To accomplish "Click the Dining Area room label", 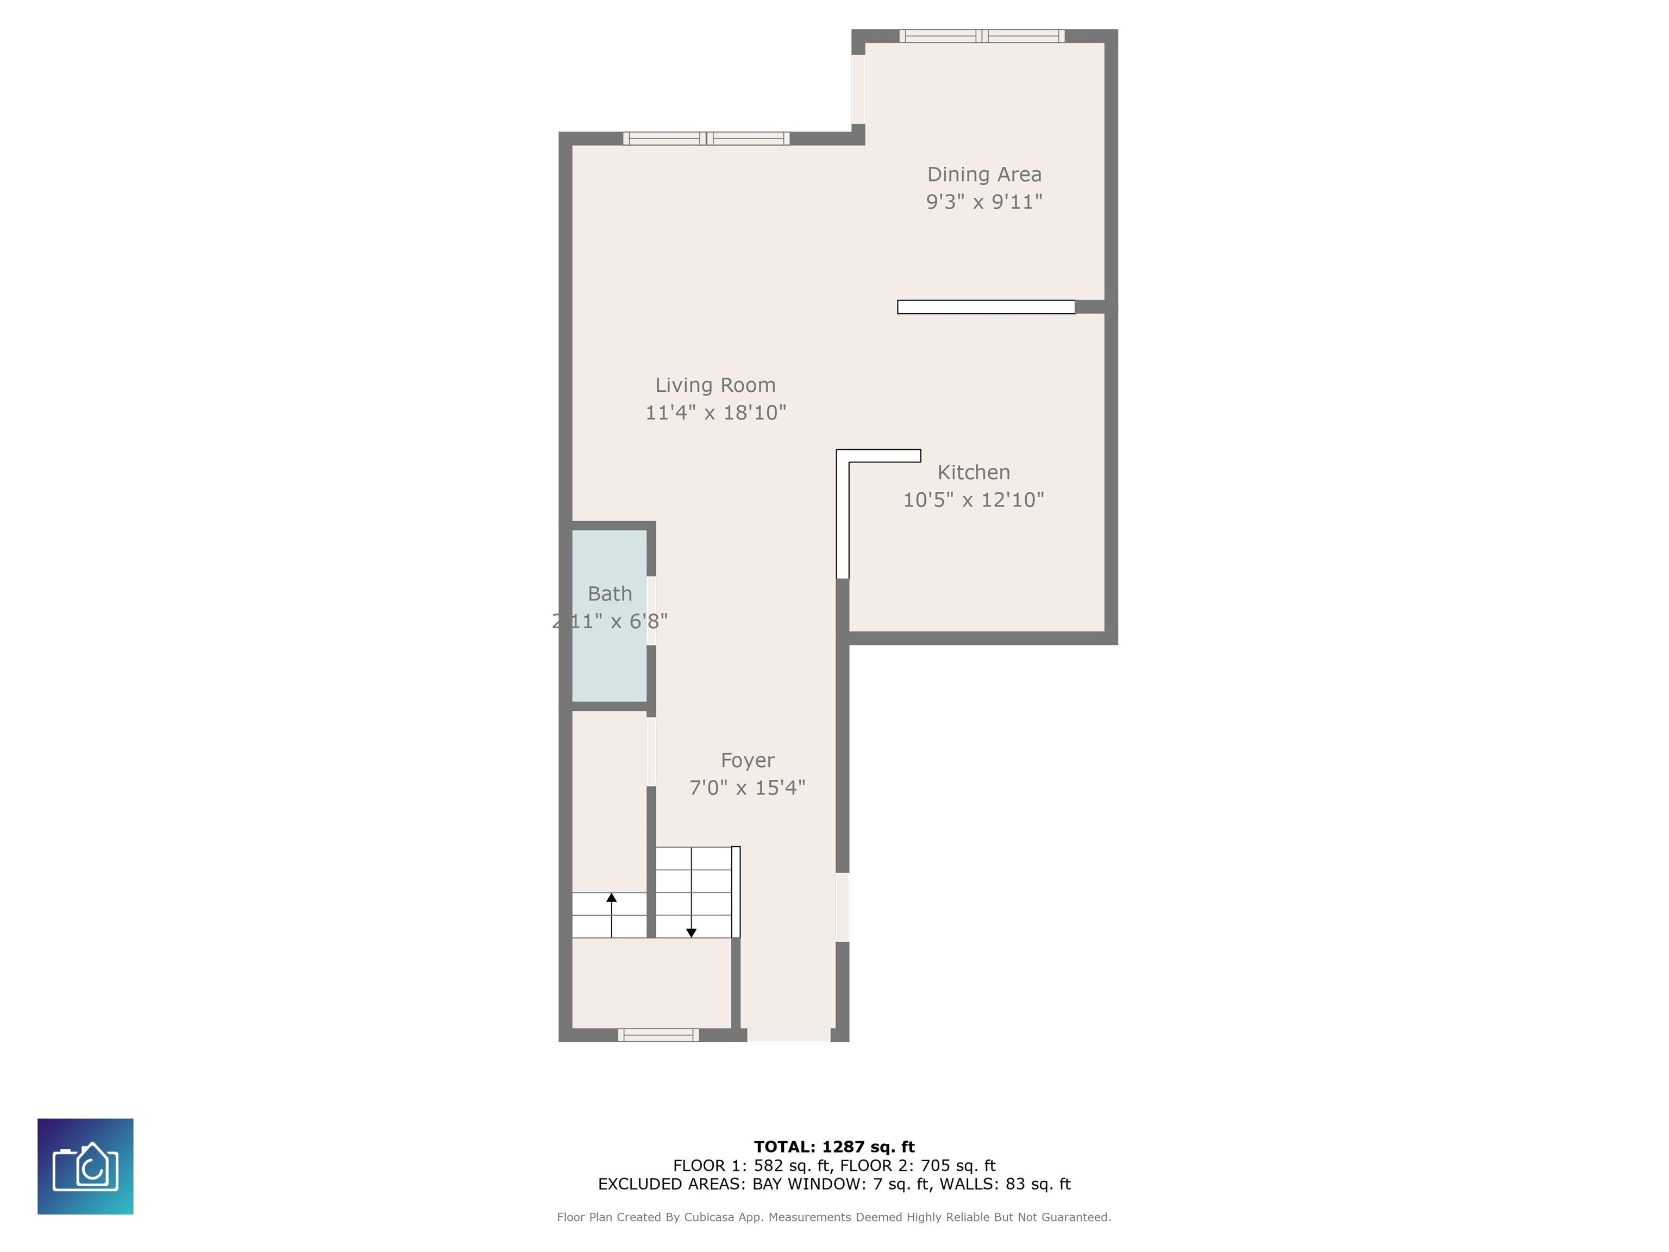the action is [x=984, y=174].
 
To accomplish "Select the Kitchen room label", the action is [x=974, y=472].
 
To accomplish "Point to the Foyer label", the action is [x=747, y=761].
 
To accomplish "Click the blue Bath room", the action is [x=609, y=616].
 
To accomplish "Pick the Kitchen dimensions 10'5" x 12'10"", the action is [x=974, y=499].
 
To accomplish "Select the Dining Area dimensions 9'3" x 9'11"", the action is [x=984, y=202].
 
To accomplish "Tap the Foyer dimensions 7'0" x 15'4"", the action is [x=747, y=788].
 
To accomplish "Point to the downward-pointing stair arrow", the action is [x=691, y=892].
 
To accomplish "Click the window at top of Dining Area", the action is [x=982, y=35].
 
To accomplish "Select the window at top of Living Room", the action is [x=706, y=138].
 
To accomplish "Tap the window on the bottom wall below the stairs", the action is [x=658, y=1035].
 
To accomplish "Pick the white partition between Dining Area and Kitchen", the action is [x=986, y=306].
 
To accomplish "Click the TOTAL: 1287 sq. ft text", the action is [x=834, y=1147].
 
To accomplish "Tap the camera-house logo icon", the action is [x=85, y=1166].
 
